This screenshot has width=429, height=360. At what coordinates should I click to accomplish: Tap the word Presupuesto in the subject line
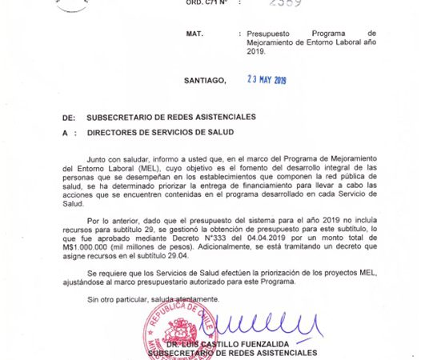point(269,34)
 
